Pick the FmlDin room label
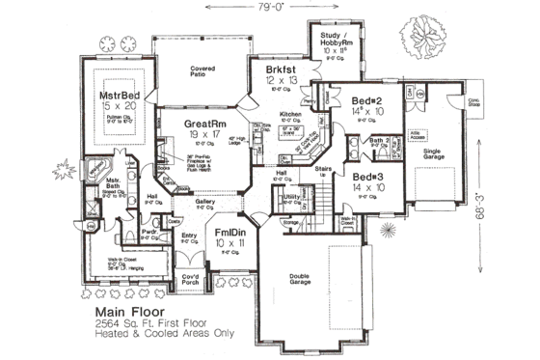coord(228,234)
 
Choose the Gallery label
coord(205,202)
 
